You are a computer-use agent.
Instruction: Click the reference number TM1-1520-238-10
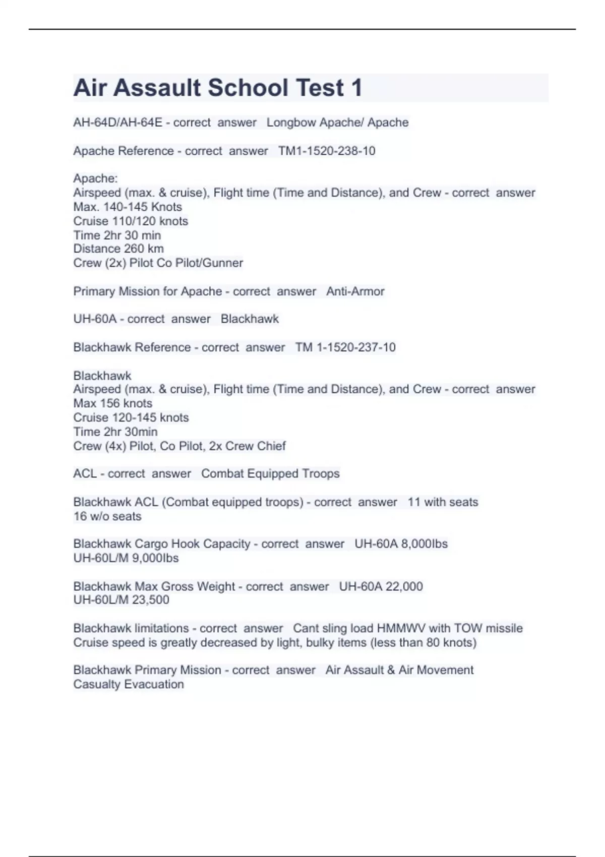coord(327,151)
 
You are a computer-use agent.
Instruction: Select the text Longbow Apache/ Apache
coord(337,123)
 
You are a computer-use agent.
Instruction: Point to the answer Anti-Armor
coord(355,291)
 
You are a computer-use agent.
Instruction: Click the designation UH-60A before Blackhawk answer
coord(95,319)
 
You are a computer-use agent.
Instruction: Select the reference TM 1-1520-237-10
coord(345,347)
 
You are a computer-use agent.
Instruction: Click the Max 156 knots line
coord(112,403)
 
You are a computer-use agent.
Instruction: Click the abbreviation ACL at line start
coord(85,474)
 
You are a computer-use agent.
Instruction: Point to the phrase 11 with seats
coord(443,502)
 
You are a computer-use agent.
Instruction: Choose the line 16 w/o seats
coord(107,516)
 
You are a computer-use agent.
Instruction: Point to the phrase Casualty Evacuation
coord(129,684)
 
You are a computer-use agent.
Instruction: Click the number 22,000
coord(404,586)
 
